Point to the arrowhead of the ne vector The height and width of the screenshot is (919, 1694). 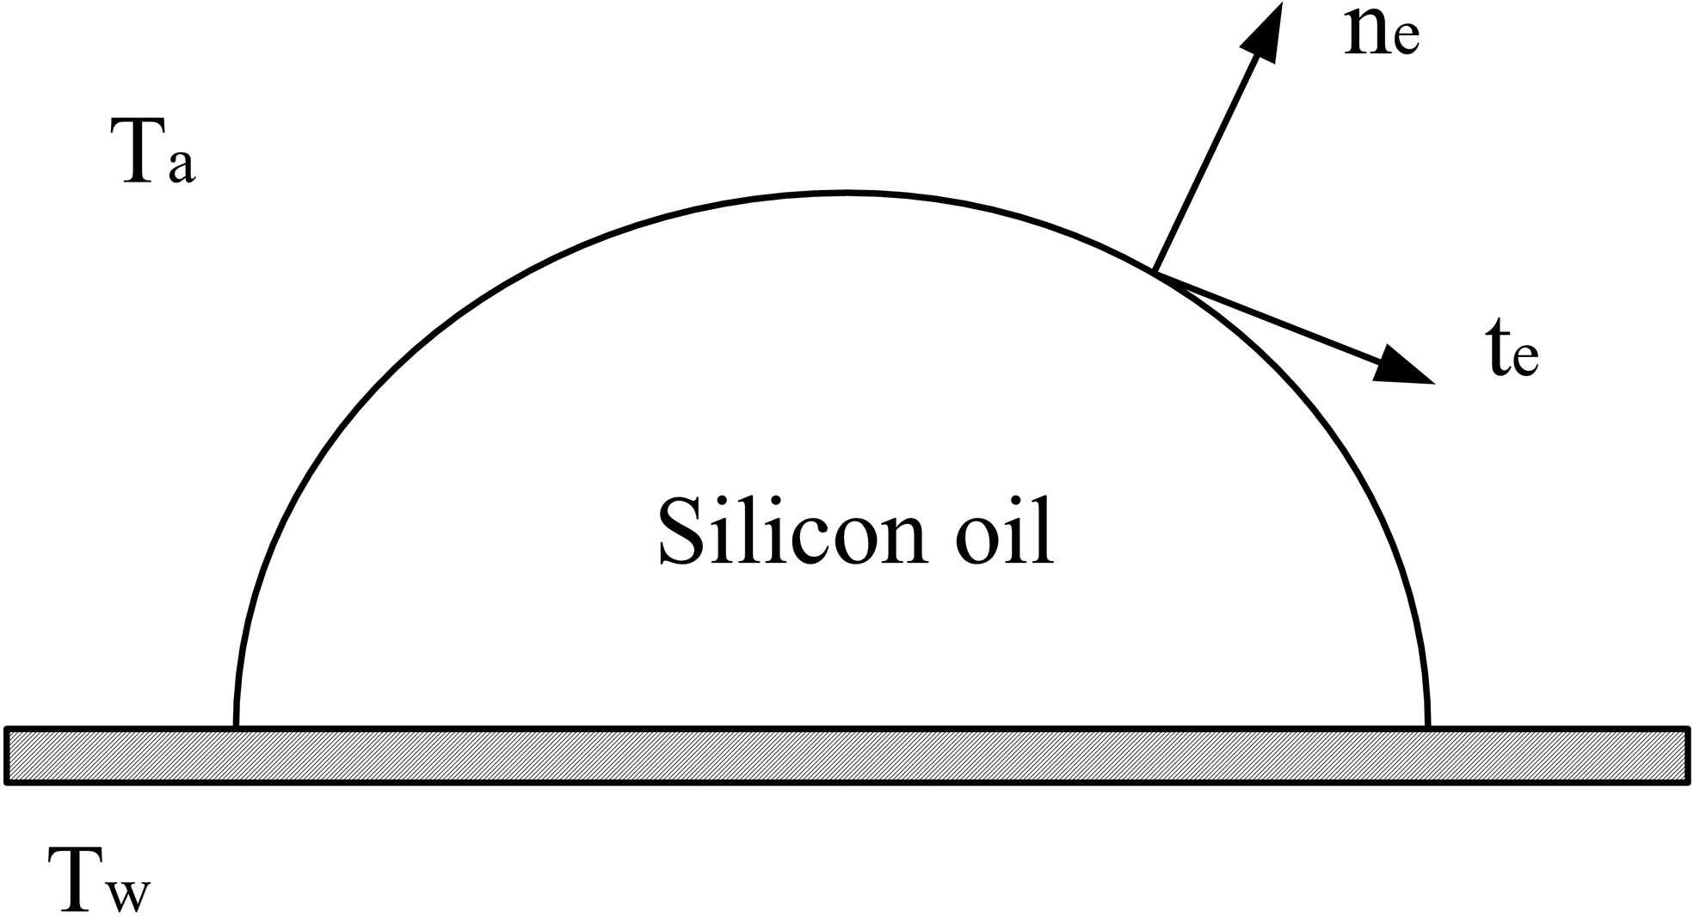point(1266,30)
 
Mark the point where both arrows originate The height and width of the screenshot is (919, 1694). point(1155,272)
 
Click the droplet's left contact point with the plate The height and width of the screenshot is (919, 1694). point(237,726)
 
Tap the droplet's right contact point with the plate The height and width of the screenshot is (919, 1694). point(1427,726)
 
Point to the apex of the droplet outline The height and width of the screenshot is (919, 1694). point(847,194)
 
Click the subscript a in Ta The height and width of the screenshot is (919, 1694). point(182,164)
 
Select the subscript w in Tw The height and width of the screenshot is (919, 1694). point(130,895)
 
